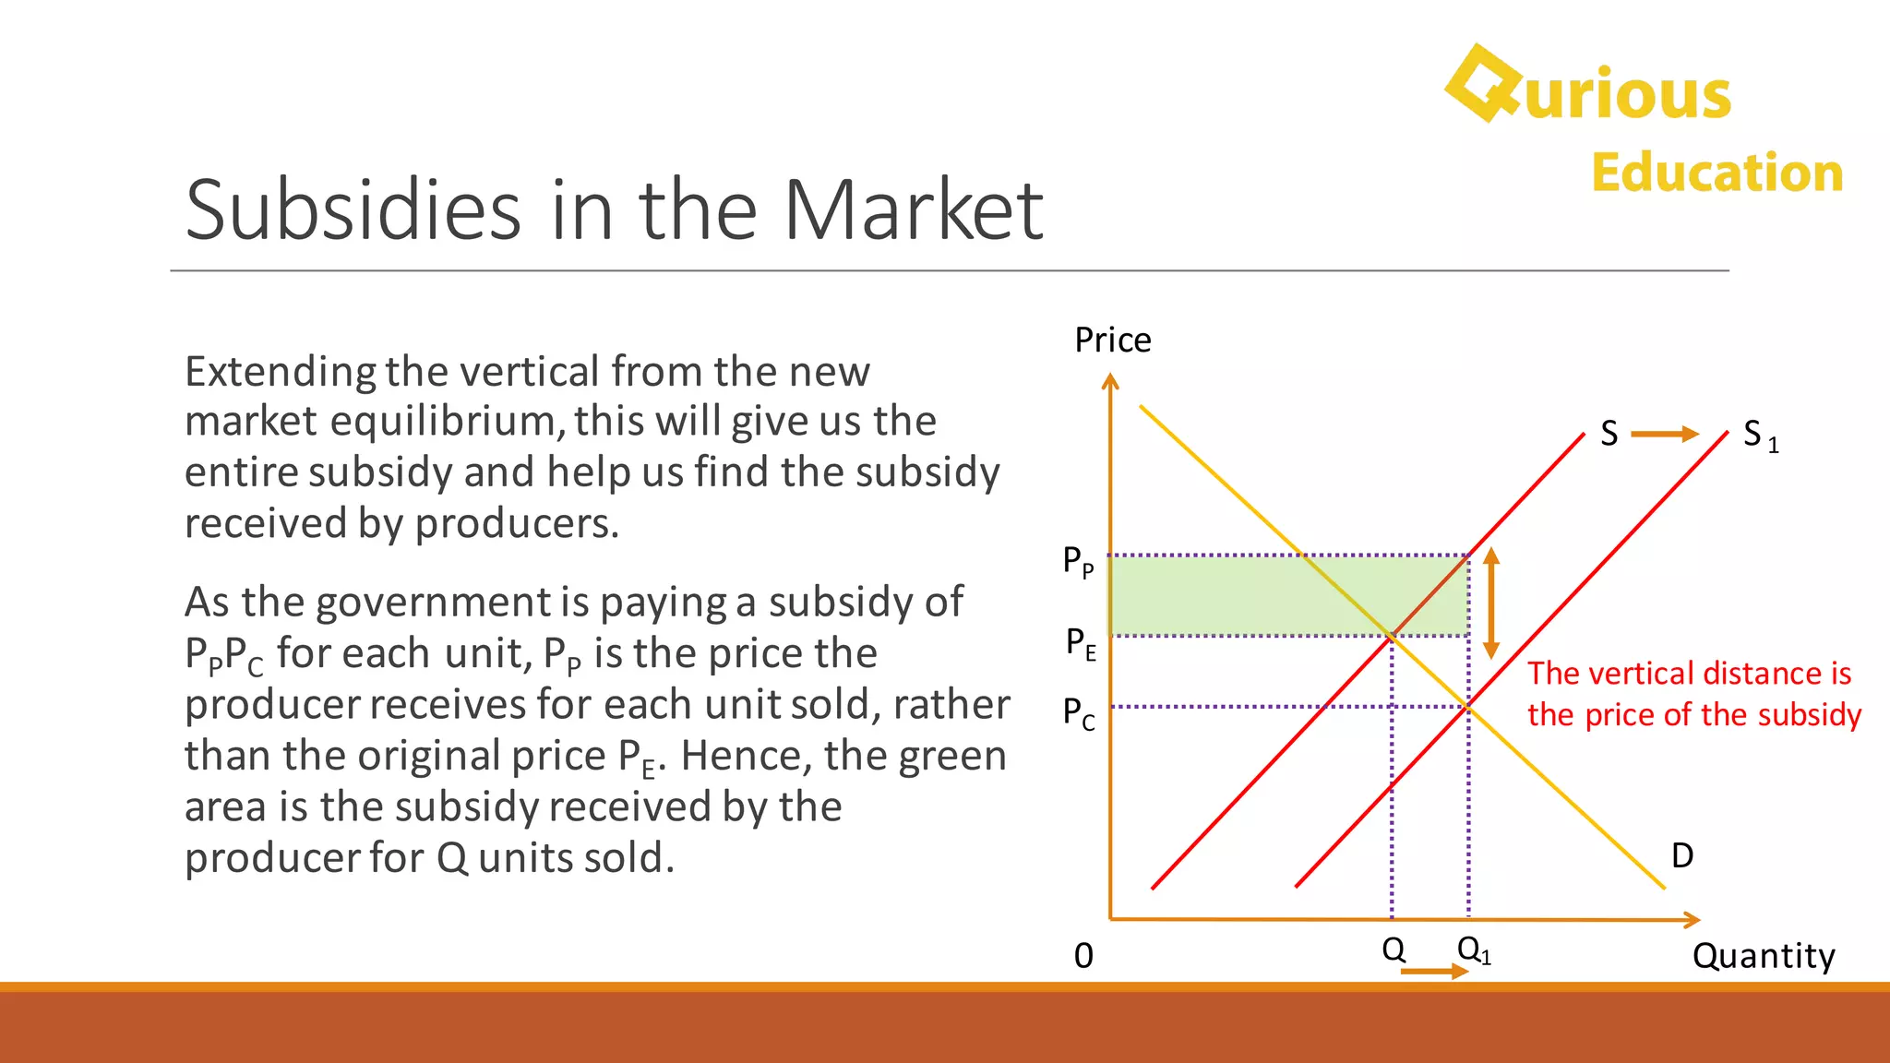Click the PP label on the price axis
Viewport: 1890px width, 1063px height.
1078,561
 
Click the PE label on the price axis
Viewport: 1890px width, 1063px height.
1081,642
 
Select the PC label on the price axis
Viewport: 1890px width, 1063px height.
1079,713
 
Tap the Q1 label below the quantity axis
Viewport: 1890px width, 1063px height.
1474,950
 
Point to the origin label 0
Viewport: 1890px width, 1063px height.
1083,956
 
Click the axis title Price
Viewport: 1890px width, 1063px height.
1113,340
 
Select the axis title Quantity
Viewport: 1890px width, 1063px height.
1764,956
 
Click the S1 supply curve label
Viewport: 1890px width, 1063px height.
1760,435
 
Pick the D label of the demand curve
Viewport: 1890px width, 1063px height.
1682,855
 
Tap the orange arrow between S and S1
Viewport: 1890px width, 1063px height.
1665,434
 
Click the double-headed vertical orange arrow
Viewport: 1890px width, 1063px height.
1491,603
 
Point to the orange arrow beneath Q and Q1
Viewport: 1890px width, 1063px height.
1434,972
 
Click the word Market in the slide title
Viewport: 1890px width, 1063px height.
913,210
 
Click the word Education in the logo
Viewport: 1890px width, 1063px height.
1717,173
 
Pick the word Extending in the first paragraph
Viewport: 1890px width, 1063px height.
280,372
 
